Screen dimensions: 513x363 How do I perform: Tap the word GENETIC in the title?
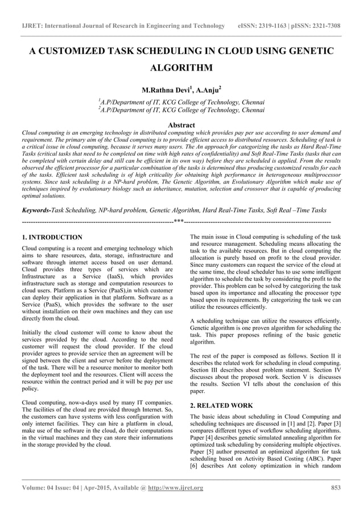[307, 51]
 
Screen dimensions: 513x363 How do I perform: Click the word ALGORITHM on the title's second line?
[181, 69]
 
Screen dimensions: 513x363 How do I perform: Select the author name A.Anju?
[204, 89]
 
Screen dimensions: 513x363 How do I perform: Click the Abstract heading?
[181, 125]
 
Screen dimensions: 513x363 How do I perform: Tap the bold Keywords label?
[36, 210]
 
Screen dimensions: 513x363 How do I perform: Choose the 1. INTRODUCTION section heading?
[52, 237]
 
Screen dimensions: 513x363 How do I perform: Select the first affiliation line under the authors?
[181, 102]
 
